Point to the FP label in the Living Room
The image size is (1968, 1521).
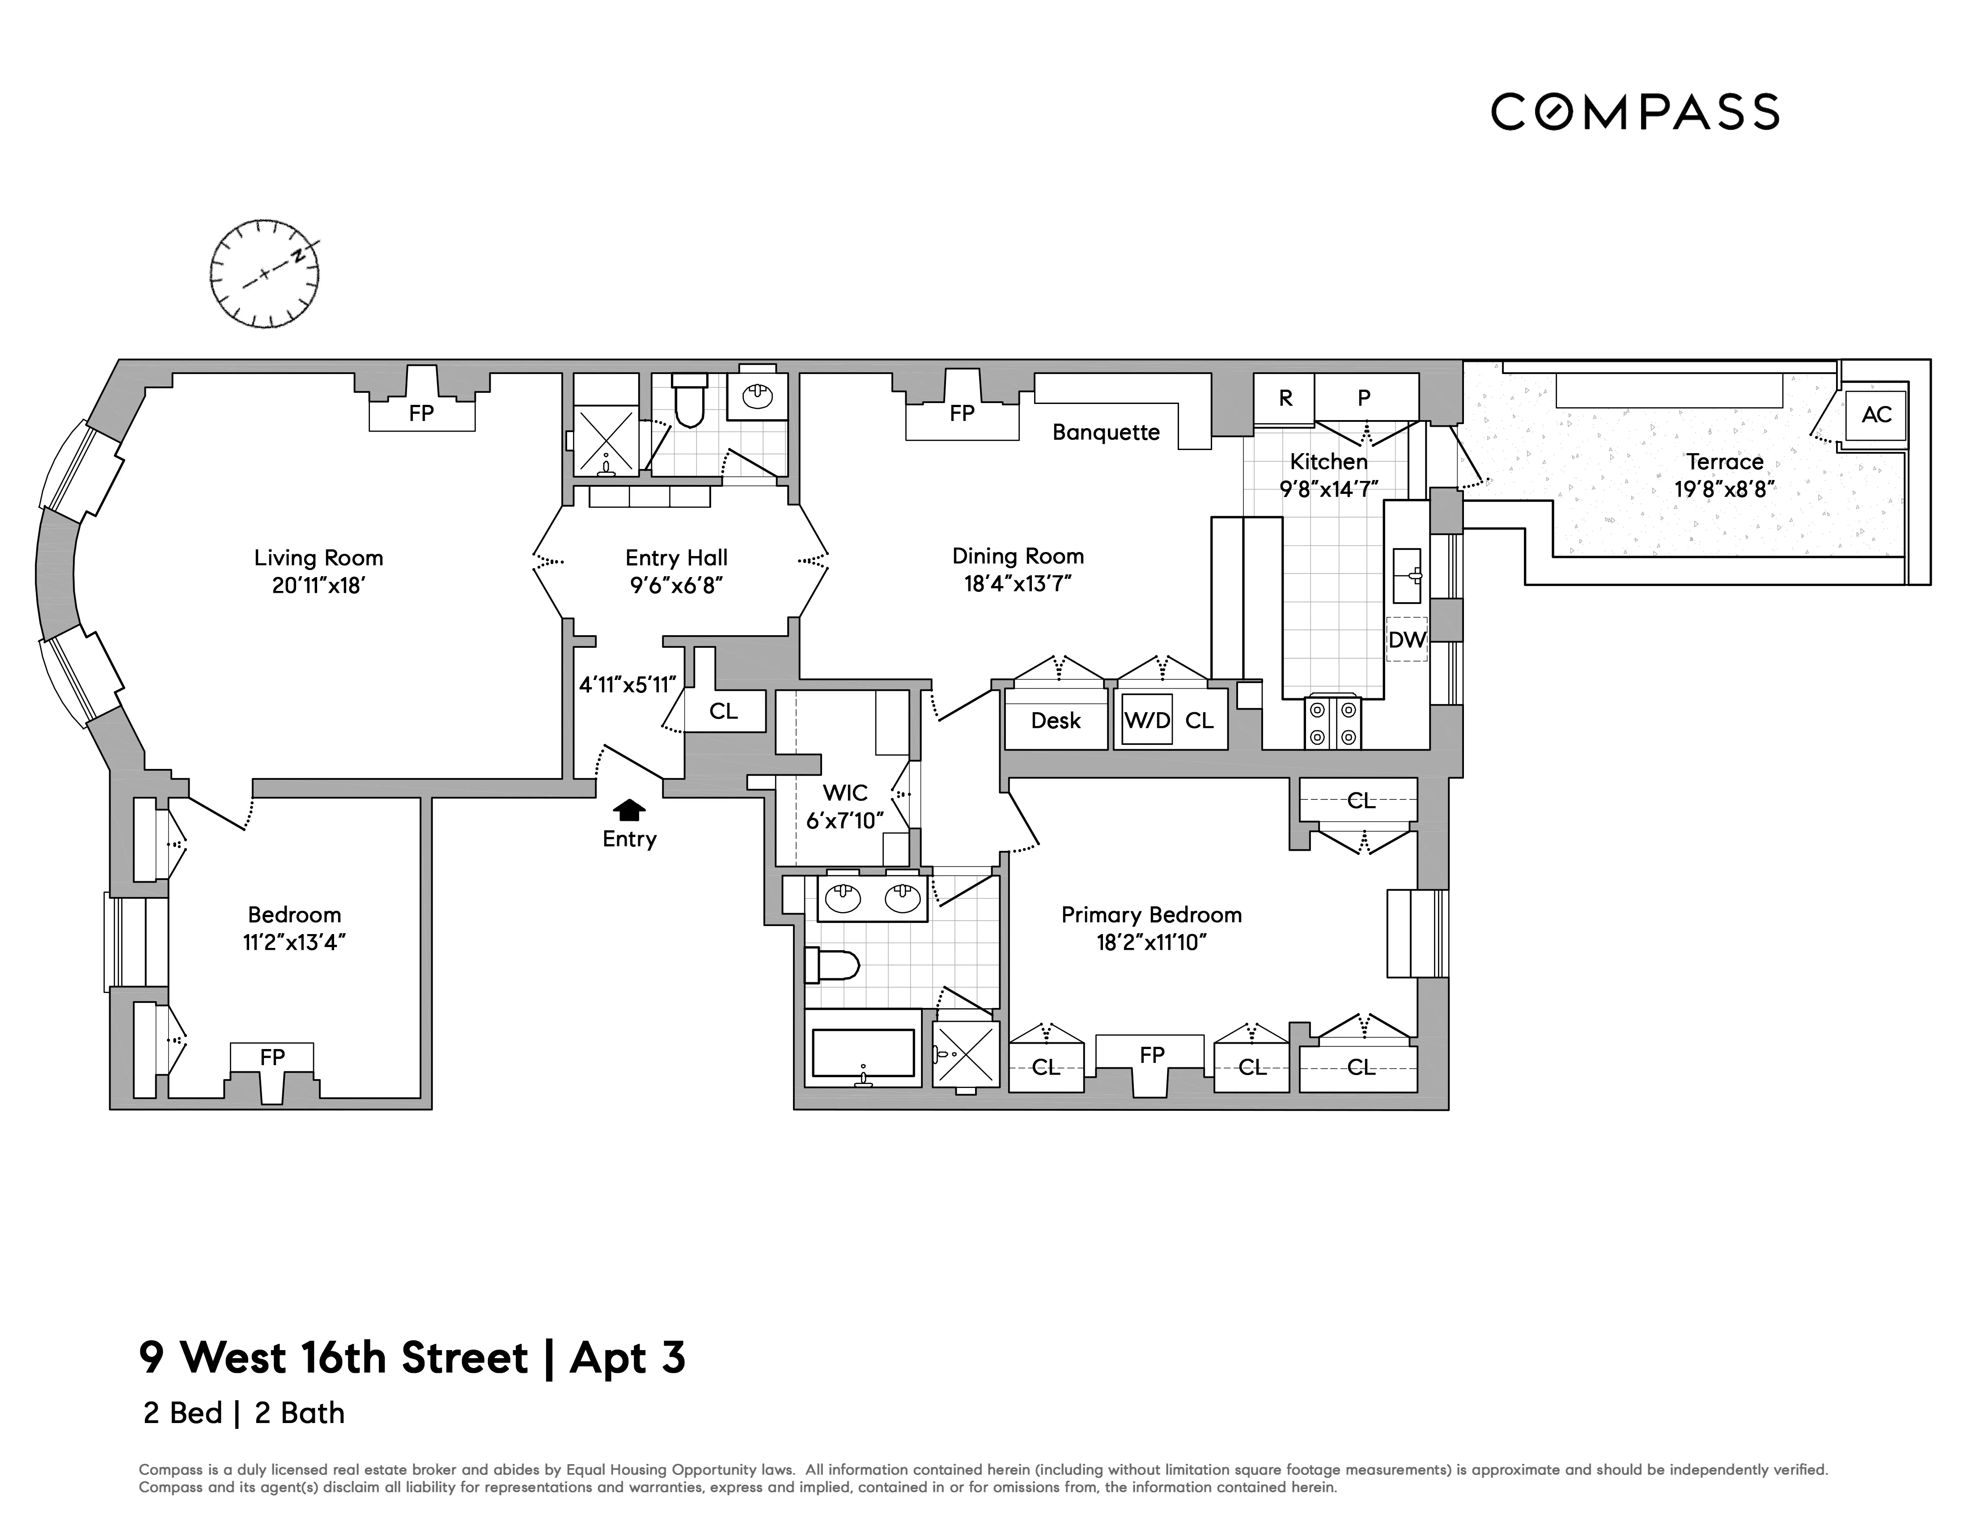point(421,414)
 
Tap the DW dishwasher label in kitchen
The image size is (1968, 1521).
point(1407,640)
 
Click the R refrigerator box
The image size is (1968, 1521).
point(1285,397)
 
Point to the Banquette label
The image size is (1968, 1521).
point(1106,433)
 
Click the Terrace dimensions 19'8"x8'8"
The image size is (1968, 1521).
point(1724,489)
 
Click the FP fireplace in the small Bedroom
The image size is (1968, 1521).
point(272,1057)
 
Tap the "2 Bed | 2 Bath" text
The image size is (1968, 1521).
point(243,1413)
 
